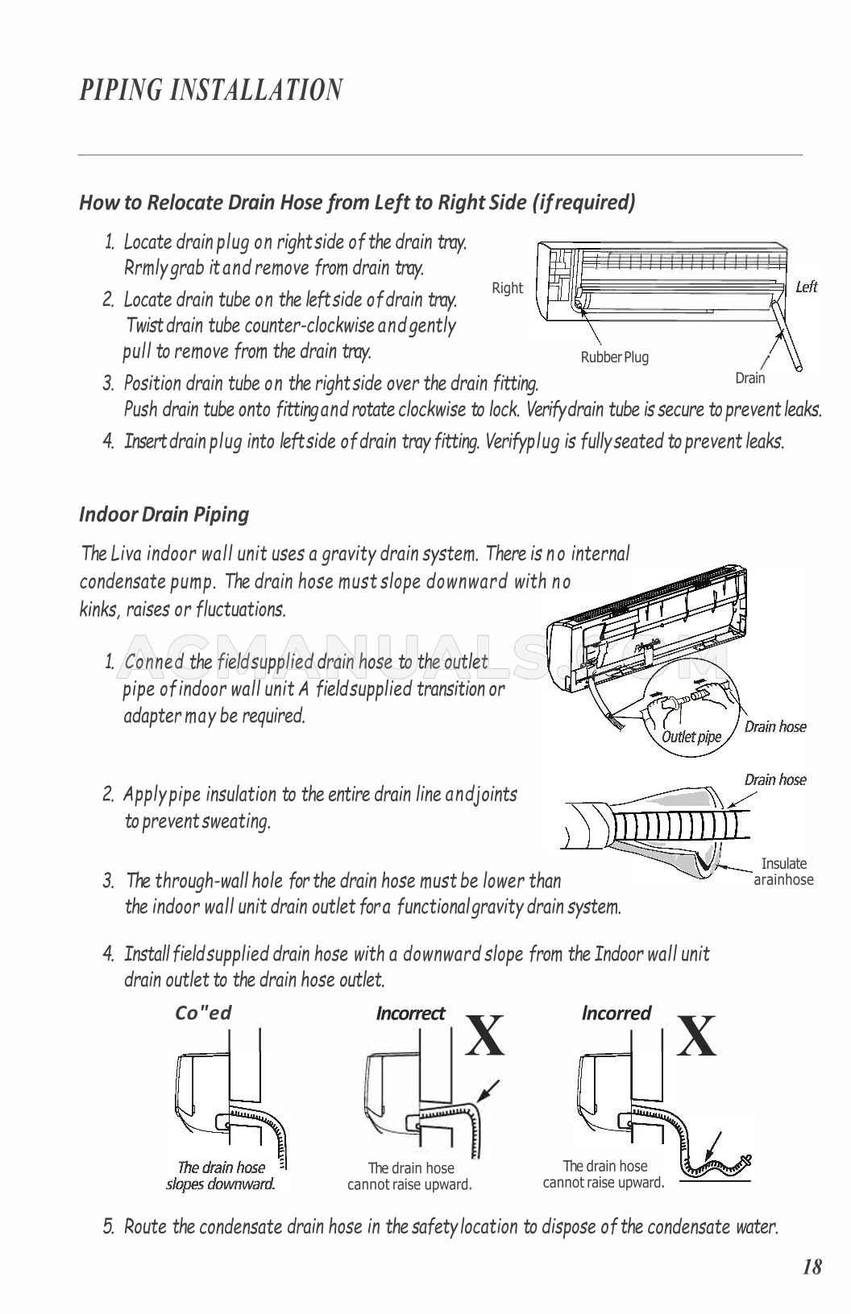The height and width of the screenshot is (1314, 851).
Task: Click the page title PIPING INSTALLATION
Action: pyautogui.click(x=211, y=90)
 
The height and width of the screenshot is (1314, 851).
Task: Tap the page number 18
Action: pyautogui.click(x=812, y=1267)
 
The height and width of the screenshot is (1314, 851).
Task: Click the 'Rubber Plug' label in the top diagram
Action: pyautogui.click(x=614, y=357)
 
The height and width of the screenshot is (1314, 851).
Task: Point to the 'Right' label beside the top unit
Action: pyautogui.click(x=507, y=288)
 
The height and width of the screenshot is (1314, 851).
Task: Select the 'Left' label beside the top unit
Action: pyautogui.click(x=806, y=287)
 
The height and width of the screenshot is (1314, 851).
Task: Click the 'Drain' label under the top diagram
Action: pyautogui.click(x=749, y=378)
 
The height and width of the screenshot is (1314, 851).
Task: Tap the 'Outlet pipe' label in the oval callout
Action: pyautogui.click(x=691, y=736)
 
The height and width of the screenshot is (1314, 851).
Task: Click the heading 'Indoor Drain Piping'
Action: pyautogui.click(x=164, y=514)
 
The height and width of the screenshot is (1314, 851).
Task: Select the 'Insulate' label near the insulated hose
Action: pyautogui.click(x=783, y=864)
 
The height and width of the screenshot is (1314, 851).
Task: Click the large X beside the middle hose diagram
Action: pyautogui.click(x=486, y=1037)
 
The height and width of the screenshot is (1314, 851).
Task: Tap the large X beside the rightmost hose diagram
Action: pyautogui.click(x=696, y=1037)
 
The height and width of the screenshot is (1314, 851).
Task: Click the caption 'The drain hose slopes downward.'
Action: pyautogui.click(x=221, y=1176)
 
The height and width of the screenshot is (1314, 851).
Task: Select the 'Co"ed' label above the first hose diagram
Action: pyautogui.click(x=203, y=1013)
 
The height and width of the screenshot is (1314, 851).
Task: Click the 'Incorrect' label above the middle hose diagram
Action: pyautogui.click(x=410, y=1013)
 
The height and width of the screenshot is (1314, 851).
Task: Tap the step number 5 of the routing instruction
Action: pyautogui.click(x=109, y=1228)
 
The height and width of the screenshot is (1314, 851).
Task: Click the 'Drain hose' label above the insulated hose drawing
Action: pyautogui.click(x=774, y=779)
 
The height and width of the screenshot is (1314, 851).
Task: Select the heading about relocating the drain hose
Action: pyautogui.click(x=357, y=202)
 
